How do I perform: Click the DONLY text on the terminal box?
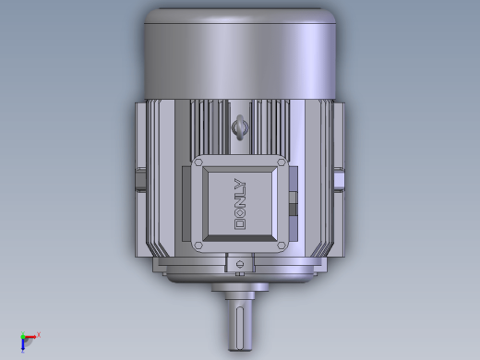(240, 204)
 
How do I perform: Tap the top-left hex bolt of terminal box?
(198, 162)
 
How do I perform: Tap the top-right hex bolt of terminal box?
(282, 162)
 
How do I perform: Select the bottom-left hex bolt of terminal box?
(198, 246)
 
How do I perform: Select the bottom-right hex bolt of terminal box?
(282, 246)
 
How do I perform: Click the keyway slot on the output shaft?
(240, 328)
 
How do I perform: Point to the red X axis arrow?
(30, 337)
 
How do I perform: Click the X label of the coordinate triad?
(39, 334)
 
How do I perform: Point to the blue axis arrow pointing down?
(23, 345)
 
